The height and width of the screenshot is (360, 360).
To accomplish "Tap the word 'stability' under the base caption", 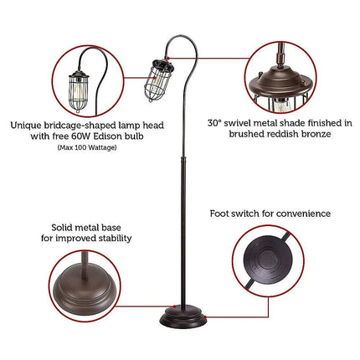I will coord(113,238).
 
